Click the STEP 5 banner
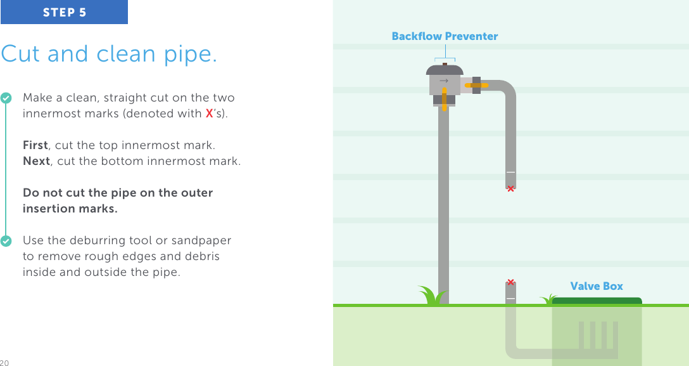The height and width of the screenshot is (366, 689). pos(64,12)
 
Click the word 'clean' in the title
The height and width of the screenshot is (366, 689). pos(128,55)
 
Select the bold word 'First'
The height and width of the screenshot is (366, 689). pos(35,145)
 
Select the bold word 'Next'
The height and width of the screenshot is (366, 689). pos(36,161)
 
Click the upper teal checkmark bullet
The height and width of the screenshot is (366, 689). pos(6,98)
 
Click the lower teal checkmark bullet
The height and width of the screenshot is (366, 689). pos(6,242)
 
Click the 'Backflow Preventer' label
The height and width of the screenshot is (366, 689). pos(445,37)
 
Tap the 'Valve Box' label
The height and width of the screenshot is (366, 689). pos(597,287)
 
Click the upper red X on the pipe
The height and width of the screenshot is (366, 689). pos(510,188)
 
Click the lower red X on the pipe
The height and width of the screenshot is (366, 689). pos(510,282)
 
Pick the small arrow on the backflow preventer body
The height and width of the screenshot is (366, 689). pos(444,81)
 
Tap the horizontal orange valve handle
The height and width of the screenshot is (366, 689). pos(476,85)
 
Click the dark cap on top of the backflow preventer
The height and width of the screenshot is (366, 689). pos(445,69)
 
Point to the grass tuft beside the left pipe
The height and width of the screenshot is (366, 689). pos(432,296)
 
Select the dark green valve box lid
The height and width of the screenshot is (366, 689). pos(597,301)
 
